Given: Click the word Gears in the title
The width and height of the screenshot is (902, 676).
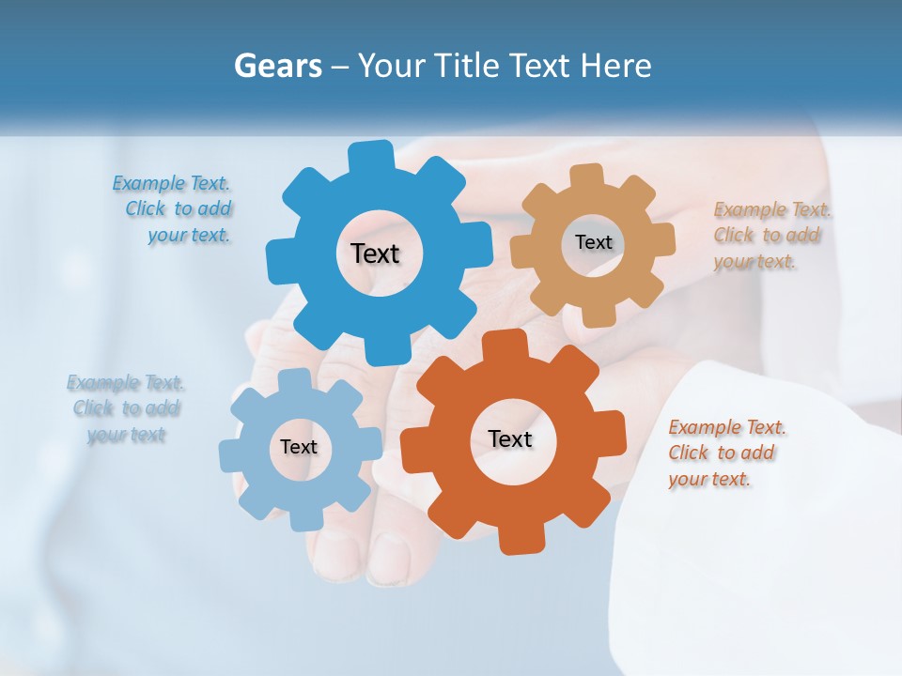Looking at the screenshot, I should tap(276, 67).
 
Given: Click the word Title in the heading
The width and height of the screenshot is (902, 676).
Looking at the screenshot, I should tap(468, 67).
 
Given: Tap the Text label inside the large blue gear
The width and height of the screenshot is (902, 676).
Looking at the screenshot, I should tap(376, 253).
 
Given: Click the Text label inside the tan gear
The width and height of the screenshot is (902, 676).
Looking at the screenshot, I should tap(593, 242).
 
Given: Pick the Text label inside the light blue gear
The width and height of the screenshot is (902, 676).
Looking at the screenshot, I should tap(299, 447).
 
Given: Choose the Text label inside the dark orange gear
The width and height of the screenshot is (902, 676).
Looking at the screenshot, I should tap(510, 438).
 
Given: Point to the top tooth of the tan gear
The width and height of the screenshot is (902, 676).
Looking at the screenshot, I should tap(586, 176).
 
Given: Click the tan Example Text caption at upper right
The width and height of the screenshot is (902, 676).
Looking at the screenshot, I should tap(771, 236).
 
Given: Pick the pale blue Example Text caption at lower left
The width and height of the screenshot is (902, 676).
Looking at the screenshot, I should tap(126, 408).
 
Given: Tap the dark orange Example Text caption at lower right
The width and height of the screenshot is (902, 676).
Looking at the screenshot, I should tap(726, 453).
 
